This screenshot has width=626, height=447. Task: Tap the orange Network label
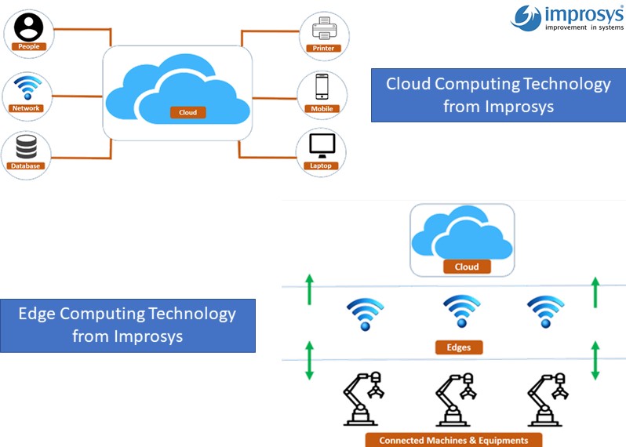[x=26, y=108]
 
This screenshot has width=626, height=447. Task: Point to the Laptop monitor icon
[x=322, y=145]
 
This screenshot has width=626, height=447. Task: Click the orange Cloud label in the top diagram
[x=188, y=112]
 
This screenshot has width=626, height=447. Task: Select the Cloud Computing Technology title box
[x=498, y=95]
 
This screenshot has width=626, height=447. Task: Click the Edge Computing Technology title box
[x=127, y=325]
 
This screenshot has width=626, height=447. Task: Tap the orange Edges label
[x=458, y=346]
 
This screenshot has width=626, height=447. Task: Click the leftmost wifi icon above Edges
[x=365, y=312]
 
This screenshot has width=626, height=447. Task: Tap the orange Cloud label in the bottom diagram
[x=467, y=267]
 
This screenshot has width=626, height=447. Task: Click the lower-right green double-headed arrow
[x=595, y=360]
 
